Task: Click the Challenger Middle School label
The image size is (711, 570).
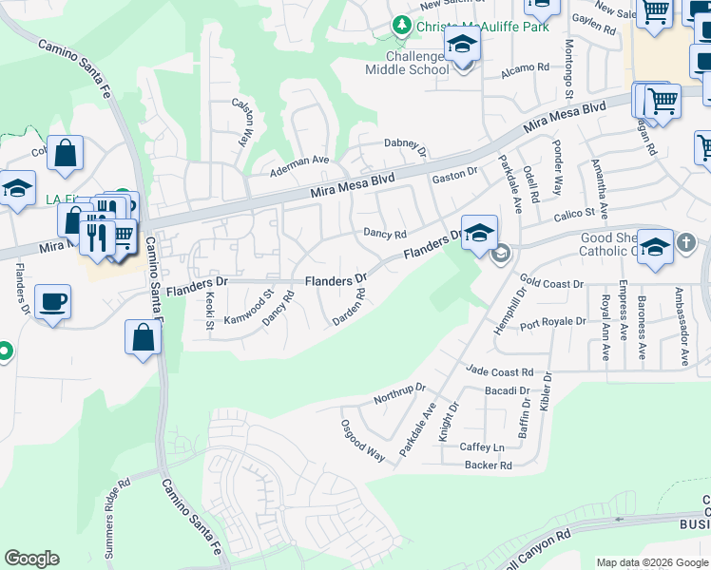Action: [x=407, y=62]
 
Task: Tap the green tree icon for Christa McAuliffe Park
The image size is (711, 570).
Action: [x=403, y=26]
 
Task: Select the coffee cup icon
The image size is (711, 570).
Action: [x=52, y=303]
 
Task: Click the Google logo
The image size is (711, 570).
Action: [x=31, y=559]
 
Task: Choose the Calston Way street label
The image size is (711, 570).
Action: [x=242, y=123]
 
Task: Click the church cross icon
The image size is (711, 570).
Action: [x=687, y=243]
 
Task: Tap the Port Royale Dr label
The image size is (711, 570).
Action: [x=553, y=321]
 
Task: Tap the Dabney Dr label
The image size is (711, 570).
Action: [x=406, y=144]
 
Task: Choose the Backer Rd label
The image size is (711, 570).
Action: [x=489, y=465]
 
